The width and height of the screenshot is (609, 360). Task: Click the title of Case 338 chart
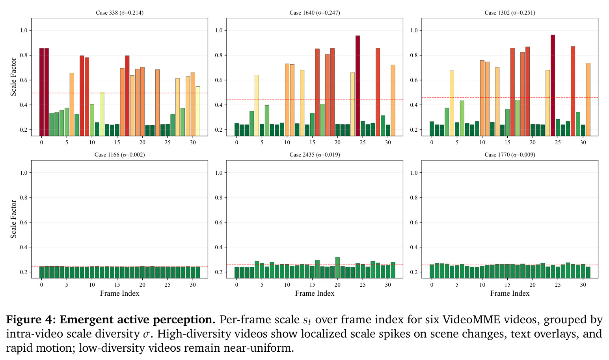point(119,13)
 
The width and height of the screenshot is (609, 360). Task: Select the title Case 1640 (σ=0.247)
point(315,13)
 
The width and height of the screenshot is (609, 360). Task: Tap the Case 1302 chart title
point(510,13)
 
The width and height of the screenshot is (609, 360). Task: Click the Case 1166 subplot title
point(119,155)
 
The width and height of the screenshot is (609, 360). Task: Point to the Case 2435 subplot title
point(315,155)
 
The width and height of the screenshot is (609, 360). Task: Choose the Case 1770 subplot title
point(510,155)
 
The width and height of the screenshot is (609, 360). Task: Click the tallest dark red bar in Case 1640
point(358,86)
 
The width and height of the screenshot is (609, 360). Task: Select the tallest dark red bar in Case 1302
point(553,85)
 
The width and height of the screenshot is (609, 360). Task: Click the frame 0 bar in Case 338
point(42,92)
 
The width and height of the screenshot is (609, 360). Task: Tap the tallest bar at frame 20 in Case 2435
point(337,267)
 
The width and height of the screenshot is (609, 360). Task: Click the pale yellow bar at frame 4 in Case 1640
point(257,106)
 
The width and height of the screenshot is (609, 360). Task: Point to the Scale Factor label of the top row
point(13,77)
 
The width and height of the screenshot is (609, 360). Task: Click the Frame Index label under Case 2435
point(315,293)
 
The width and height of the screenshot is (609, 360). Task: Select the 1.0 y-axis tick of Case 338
point(24,30)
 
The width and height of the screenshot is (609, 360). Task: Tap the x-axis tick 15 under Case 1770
point(507,285)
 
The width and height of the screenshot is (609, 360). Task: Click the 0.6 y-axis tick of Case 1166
point(24,222)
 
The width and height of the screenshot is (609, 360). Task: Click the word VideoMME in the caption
point(471,319)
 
